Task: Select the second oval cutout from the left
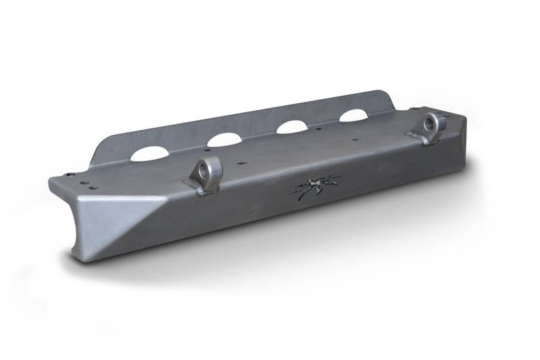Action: (x=224, y=140)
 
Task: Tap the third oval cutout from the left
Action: (x=292, y=126)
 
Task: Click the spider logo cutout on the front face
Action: (x=313, y=187)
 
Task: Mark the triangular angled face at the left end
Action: (x=108, y=216)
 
